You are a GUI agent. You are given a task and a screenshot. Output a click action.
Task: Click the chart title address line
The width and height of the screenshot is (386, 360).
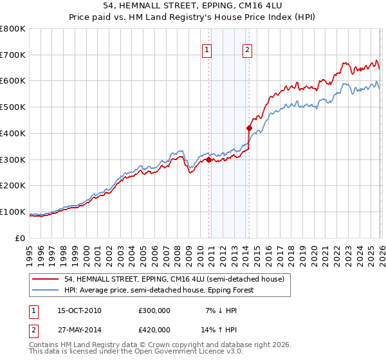(193, 5)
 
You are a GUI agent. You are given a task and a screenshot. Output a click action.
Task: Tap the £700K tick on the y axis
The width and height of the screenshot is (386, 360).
(13, 55)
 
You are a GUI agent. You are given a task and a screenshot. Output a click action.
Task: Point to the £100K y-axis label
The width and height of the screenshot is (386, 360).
(13, 212)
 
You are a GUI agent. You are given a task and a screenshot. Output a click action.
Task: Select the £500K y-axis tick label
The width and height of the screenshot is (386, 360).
(13, 107)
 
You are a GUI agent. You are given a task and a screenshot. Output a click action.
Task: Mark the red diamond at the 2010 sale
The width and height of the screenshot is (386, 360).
(208, 160)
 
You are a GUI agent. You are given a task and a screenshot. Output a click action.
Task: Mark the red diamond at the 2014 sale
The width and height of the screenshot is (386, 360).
(249, 129)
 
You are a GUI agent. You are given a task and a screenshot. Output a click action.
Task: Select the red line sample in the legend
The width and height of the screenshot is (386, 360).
(47, 279)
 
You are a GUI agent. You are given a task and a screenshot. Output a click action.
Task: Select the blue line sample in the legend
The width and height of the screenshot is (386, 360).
(47, 290)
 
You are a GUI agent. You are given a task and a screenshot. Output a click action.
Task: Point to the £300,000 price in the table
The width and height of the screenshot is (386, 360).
(154, 310)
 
